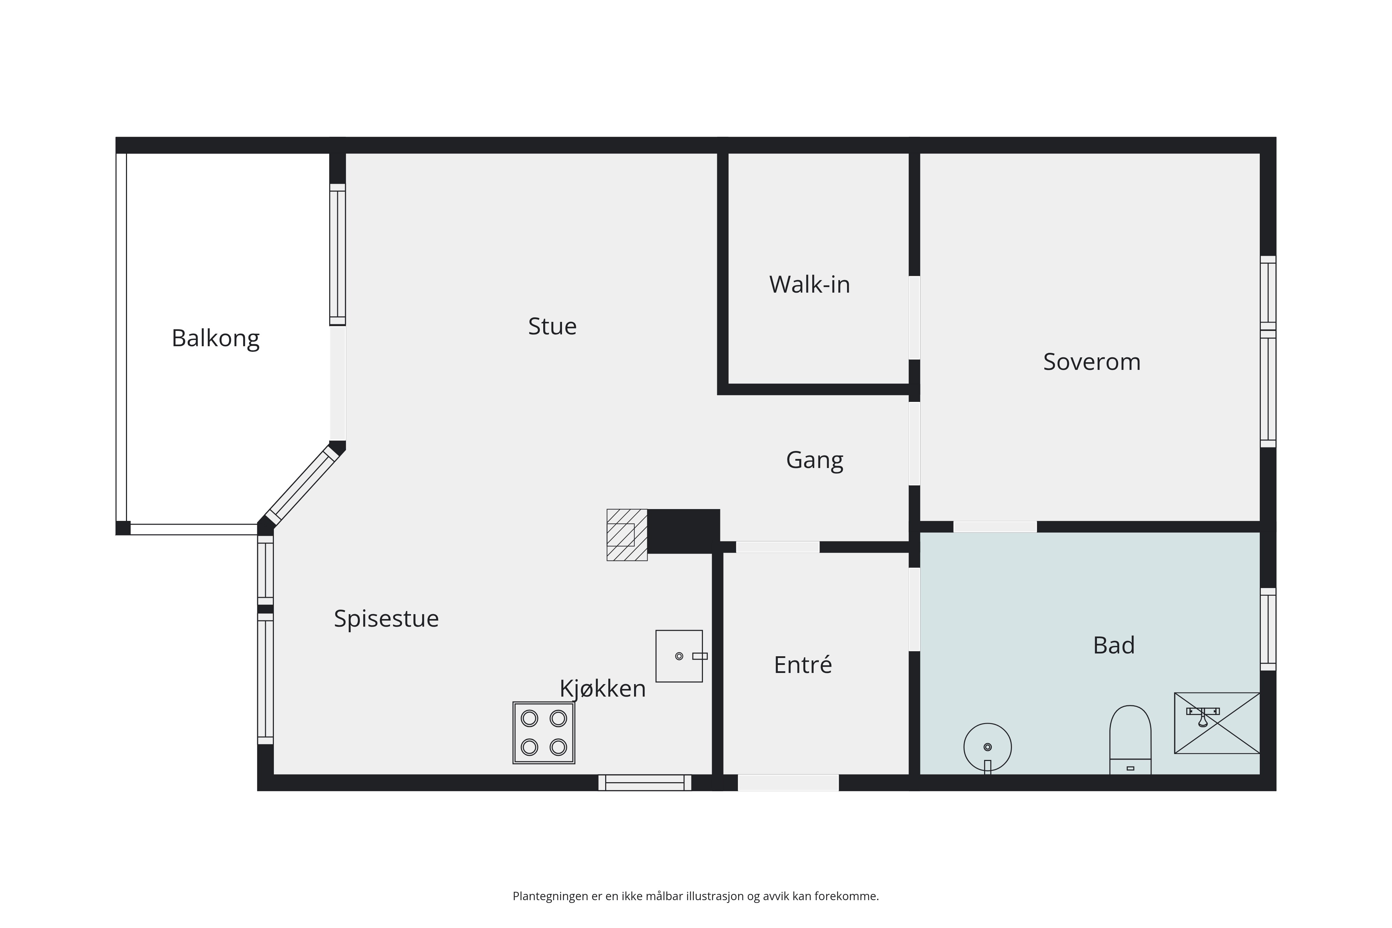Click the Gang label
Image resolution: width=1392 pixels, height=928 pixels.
pyautogui.click(x=814, y=460)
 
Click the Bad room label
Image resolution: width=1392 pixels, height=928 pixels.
pyautogui.click(x=1114, y=645)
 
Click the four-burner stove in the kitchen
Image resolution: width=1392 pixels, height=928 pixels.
pyautogui.click(x=543, y=733)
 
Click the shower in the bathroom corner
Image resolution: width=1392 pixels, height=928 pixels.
pyautogui.click(x=1217, y=723)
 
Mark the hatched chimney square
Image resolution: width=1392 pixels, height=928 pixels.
pyautogui.click(x=627, y=534)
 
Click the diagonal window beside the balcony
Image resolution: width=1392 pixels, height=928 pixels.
pyautogui.click(x=301, y=485)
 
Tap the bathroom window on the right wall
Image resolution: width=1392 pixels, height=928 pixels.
pyautogui.click(x=1268, y=629)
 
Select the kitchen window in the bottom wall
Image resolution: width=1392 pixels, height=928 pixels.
pyautogui.click(x=644, y=783)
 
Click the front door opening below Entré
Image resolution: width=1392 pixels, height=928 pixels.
pyautogui.click(x=788, y=783)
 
